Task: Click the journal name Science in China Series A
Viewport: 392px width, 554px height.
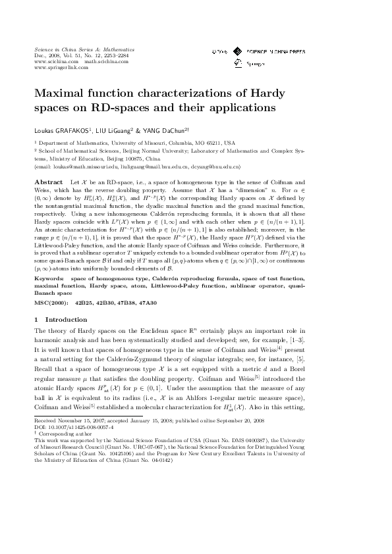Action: tap(72, 50)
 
